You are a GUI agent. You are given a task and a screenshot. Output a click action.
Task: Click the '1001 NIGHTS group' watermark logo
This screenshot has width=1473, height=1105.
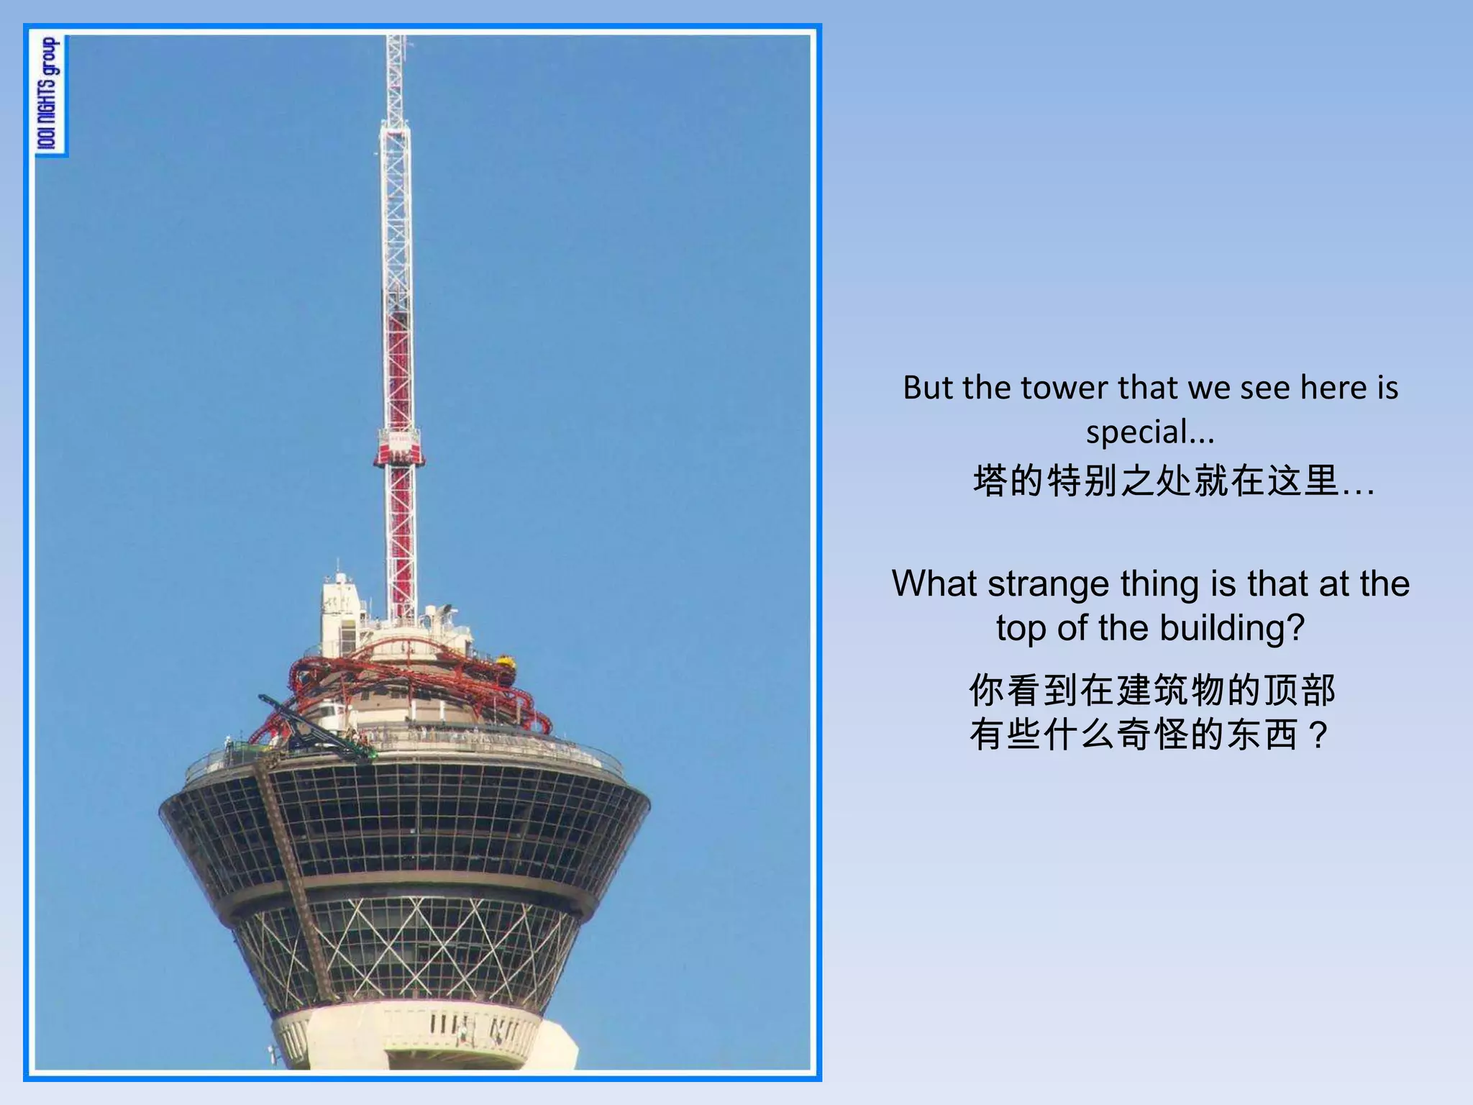tap(49, 95)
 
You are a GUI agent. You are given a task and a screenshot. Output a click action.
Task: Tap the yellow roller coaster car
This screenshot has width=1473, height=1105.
tap(506, 660)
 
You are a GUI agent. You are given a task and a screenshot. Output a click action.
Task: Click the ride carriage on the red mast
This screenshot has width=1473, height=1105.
tap(398, 447)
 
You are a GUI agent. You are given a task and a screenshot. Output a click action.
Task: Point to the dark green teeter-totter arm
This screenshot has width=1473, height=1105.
tap(316, 727)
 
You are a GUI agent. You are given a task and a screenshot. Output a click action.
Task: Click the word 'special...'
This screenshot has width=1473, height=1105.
tap(1150, 432)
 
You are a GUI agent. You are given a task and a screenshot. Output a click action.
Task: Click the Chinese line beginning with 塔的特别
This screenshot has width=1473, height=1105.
tap(1173, 481)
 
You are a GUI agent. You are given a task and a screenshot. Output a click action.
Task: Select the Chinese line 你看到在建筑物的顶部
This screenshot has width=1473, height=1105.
tap(1152, 690)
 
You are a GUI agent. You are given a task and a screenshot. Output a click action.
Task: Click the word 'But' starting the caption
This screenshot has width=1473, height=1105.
tap(928, 388)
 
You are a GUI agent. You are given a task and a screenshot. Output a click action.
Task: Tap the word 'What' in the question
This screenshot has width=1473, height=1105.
tap(935, 583)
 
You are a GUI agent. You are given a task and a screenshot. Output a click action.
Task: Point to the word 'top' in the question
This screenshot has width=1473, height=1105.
tap(1021, 628)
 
